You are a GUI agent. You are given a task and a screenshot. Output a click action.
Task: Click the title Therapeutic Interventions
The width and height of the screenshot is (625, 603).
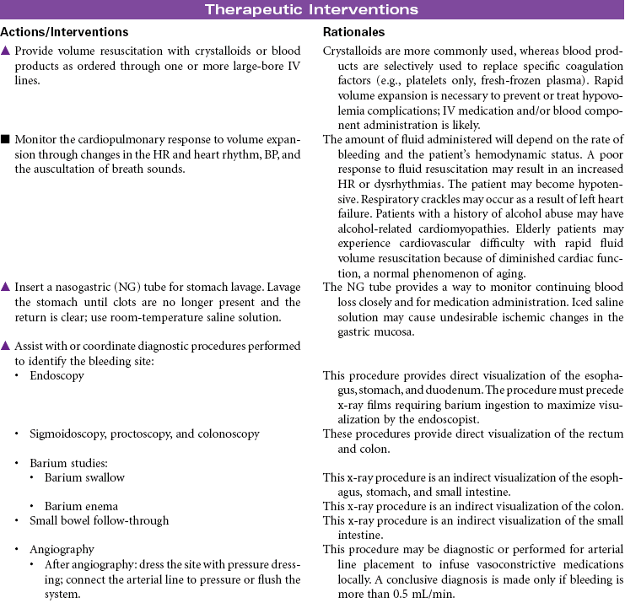pyautogui.click(x=312, y=10)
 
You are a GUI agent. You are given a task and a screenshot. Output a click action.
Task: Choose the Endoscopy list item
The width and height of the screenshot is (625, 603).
pyautogui.click(x=57, y=376)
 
